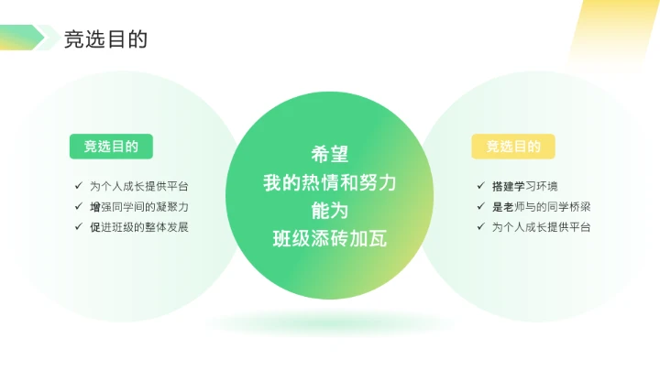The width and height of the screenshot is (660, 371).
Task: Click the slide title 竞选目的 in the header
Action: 105,38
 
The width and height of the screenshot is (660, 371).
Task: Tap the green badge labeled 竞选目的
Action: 111,147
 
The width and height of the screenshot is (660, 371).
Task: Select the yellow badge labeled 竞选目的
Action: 513,147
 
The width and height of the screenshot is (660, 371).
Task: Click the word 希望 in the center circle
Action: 330,154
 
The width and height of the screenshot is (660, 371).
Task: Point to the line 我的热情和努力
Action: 330,182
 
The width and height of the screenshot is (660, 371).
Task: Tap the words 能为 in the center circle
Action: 330,211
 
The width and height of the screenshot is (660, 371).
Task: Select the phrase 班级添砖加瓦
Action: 330,239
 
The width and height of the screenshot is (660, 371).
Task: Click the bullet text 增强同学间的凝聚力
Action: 145,206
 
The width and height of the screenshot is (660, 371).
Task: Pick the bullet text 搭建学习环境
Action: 524,186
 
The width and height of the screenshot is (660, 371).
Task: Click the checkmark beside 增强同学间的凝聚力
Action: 80,206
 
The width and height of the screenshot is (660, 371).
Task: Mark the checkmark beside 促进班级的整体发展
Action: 80,226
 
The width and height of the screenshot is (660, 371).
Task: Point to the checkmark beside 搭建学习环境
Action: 482,186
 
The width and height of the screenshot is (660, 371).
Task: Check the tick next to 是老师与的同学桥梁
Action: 482,206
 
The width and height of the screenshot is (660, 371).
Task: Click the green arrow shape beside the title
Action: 22,38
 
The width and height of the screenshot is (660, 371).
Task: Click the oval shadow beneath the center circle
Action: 330,322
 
